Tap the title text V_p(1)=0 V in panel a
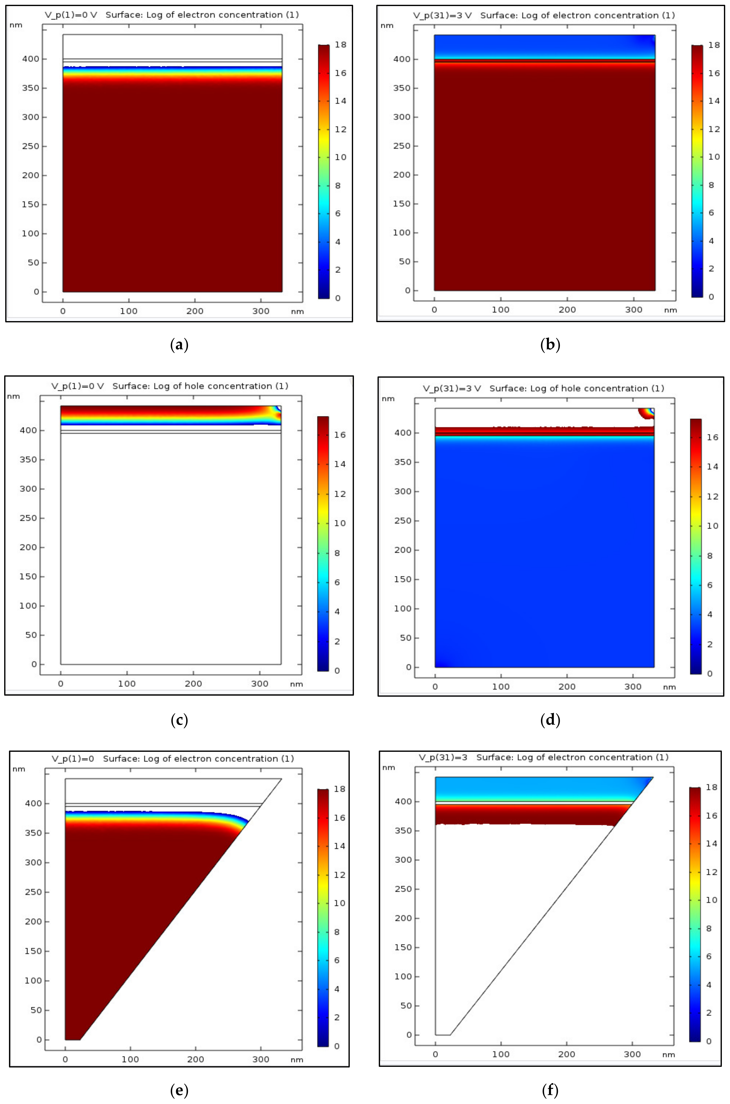click(x=71, y=15)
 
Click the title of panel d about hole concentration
click(x=576, y=388)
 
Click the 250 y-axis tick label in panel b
click(x=402, y=146)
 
